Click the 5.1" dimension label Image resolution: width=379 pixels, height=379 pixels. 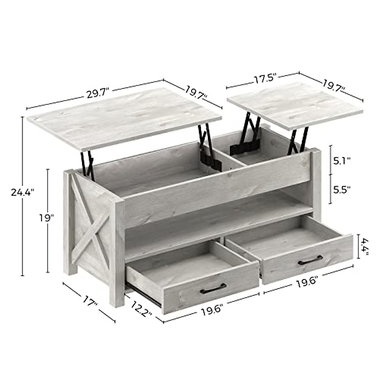pyautogui.click(x=342, y=161)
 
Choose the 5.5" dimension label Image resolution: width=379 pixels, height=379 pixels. pyautogui.click(x=342, y=189)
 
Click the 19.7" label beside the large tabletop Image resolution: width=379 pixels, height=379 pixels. pyautogui.click(x=196, y=92)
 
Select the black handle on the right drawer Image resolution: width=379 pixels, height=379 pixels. pyautogui.click(x=311, y=260)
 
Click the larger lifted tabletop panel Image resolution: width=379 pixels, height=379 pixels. pyautogui.click(x=125, y=120)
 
